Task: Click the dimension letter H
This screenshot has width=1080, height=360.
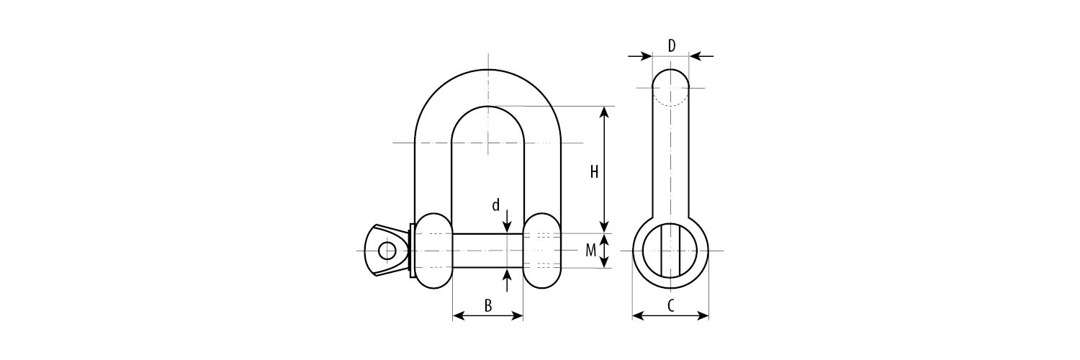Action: [594, 172]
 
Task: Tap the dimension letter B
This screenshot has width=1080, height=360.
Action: [487, 306]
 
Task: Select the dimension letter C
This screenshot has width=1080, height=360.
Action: [670, 306]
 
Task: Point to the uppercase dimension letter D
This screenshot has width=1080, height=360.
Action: [671, 47]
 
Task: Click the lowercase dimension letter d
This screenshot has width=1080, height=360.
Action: [495, 206]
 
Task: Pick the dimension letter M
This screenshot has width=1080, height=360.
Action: [590, 251]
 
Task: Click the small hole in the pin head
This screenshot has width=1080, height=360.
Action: [387, 251]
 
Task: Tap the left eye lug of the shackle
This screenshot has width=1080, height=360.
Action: [431, 251]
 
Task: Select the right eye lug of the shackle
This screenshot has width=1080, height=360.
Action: [542, 251]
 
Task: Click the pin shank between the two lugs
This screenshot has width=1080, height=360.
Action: [487, 251]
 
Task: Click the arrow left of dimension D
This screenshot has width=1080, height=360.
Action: [640, 55]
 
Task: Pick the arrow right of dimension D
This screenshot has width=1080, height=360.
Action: [702, 55]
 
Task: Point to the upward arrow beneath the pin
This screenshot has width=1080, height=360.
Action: [508, 276]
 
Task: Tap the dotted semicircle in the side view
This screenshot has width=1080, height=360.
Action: [671, 101]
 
